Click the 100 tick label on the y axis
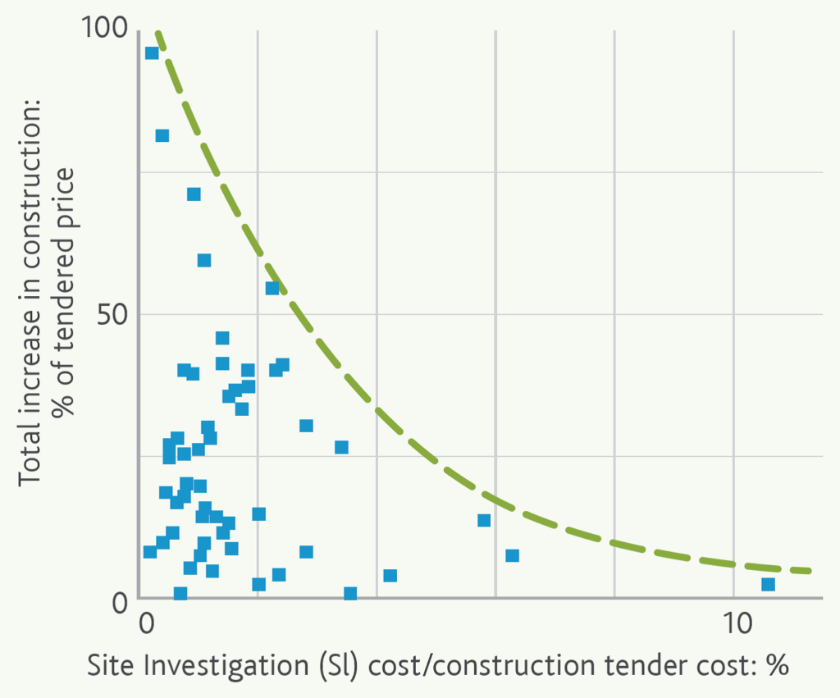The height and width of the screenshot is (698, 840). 106,29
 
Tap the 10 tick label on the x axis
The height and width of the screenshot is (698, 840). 733,623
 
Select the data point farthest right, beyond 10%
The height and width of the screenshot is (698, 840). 768,584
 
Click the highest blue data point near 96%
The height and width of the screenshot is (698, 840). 152,53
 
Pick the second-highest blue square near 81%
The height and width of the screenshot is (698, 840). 162,135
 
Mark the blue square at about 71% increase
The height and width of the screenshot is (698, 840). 194,194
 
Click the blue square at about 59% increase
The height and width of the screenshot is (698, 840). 204,260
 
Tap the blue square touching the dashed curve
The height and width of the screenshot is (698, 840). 272,288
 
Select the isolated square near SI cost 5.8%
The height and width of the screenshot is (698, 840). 484,520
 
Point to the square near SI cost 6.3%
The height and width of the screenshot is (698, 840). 513,555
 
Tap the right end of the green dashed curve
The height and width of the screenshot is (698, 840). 808,571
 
